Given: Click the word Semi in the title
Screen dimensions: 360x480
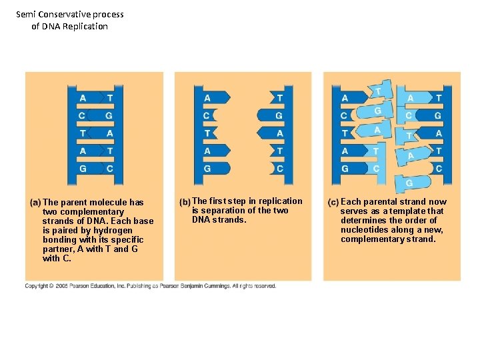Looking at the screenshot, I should (25, 14).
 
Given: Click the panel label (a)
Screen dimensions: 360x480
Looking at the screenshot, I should (35, 202).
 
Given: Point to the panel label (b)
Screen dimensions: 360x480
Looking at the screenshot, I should (185, 201).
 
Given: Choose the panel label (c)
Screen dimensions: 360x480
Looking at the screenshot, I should (333, 202).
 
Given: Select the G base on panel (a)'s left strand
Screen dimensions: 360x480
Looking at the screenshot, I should (83, 169).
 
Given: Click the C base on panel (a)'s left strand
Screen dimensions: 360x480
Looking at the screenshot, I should (82, 116).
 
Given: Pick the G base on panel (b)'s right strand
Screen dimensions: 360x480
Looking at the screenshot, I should (279, 116).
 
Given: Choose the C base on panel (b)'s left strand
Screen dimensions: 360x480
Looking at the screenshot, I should (207, 116).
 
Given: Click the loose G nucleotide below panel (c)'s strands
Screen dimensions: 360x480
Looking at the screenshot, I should (409, 183).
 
